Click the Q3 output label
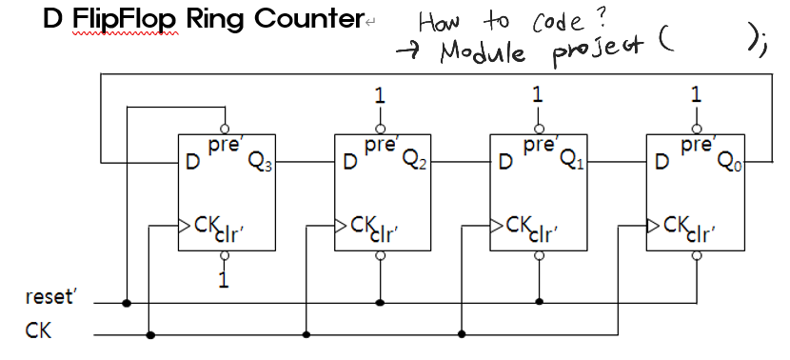point(257,160)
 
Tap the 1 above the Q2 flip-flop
point(381,95)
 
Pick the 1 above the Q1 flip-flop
point(539,95)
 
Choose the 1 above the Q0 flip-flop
point(697,95)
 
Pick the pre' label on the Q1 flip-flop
point(539,147)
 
